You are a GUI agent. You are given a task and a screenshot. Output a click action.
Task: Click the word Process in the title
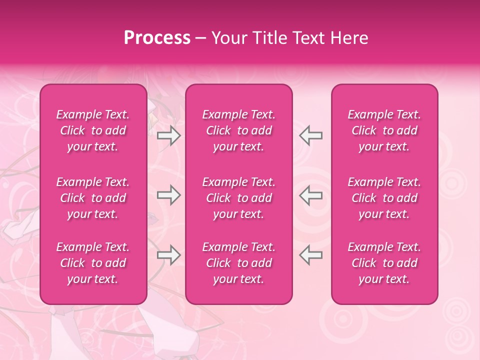click(157, 38)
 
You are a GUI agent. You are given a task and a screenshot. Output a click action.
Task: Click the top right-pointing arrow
click(168, 135)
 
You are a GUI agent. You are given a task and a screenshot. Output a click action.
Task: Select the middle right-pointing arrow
click(168, 195)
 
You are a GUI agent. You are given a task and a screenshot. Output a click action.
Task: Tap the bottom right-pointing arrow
click(168, 255)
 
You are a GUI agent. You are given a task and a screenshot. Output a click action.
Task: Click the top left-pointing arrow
click(311, 135)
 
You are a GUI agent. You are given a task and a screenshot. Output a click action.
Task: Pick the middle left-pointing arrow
click(311, 195)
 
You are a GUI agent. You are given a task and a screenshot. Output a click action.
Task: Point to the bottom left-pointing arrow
click(311, 255)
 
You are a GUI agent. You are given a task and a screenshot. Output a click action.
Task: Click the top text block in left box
click(93, 130)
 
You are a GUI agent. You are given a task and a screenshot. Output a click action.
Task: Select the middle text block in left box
click(93, 198)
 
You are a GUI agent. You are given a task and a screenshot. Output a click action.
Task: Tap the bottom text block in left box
click(93, 263)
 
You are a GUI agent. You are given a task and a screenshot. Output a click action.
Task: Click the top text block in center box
click(238, 130)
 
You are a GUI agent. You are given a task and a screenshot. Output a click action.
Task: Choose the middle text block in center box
click(238, 198)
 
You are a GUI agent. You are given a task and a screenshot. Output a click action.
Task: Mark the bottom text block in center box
click(238, 263)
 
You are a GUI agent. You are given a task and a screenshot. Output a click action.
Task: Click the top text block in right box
click(384, 130)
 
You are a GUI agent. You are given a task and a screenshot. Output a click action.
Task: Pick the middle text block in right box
click(384, 198)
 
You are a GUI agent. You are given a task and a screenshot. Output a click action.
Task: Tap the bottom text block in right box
click(384, 263)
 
